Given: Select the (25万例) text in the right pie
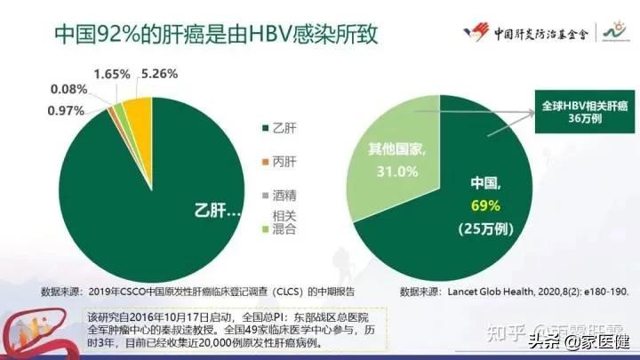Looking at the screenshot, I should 487,229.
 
